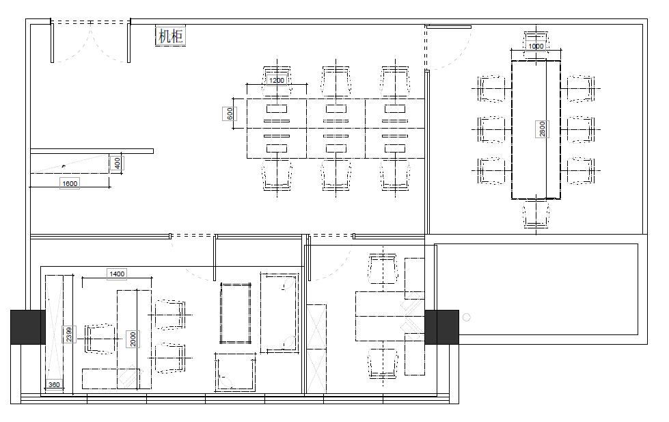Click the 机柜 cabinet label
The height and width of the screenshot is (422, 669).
pos(171,36)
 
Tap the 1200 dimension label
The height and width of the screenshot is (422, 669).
pos(277,80)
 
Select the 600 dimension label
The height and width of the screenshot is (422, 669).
pos(230,114)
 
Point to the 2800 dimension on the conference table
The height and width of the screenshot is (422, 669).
pos(542,129)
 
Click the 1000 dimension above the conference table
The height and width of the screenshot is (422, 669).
pos(536,46)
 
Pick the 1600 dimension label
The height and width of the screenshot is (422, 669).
pos(70,184)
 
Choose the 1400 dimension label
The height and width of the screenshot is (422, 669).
pos(117,274)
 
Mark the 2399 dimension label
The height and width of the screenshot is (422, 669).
pos(69,334)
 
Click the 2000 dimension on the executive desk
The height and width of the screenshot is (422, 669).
pos(133,339)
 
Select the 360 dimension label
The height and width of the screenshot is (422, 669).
pos(54,384)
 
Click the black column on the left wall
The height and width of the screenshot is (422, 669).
pos(28,327)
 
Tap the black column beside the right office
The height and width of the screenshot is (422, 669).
pos(441,327)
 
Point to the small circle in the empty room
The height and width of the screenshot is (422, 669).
pos(466,317)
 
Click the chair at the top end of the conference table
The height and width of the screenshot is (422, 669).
pos(536,42)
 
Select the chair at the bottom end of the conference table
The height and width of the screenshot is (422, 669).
pos(536,214)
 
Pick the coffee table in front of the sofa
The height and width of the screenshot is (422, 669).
pos(236,313)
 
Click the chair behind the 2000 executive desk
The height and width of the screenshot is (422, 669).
pos(100,339)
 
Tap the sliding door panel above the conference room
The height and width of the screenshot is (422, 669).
pos(448,27)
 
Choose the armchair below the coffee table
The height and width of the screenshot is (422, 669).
pos(235,372)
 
